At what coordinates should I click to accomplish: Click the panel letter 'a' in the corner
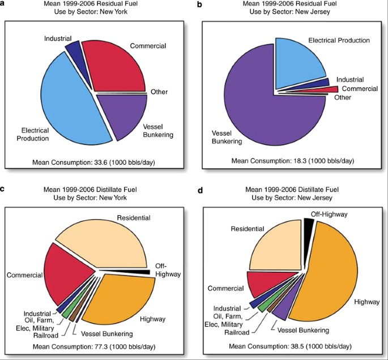coord(4,5)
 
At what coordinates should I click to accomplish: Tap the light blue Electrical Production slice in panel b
coord(297,62)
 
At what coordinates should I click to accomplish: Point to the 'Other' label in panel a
coord(159,92)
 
